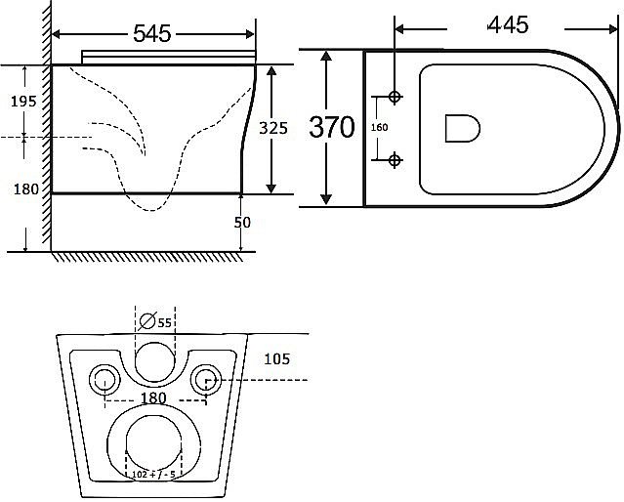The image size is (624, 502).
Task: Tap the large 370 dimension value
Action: [x=332, y=127]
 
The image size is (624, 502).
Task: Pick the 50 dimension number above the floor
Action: [x=242, y=223]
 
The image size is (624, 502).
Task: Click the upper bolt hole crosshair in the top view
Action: [x=395, y=98]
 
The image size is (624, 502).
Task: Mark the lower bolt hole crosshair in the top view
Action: [x=395, y=159]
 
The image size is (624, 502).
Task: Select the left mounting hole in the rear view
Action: [x=103, y=380]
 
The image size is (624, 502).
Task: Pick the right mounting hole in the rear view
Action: [x=206, y=380]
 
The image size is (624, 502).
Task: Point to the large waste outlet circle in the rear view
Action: [x=155, y=444]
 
